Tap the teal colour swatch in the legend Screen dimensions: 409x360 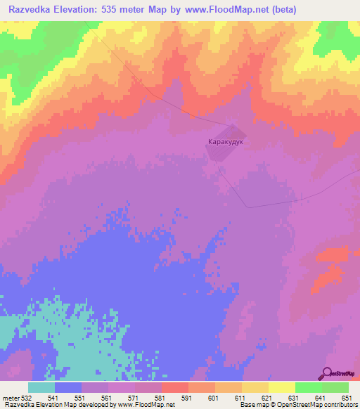click(41, 387)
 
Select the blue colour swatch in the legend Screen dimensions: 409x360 click(68, 387)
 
